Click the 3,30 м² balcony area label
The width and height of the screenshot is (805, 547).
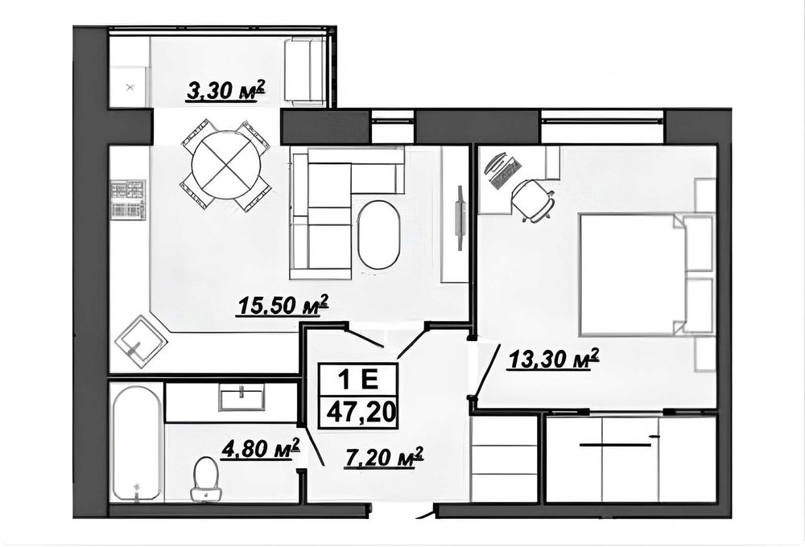[x=225, y=92]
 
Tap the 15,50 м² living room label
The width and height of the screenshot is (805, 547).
[x=282, y=306]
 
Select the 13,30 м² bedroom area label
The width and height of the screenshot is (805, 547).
[x=554, y=360]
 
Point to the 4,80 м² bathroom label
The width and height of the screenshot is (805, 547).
[x=260, y=450]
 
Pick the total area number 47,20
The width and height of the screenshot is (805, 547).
[x=358, y=412]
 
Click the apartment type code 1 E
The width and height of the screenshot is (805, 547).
[x=358, y=380]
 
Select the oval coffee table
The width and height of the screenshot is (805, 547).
[x=378, y=234]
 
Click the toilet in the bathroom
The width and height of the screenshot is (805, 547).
[x=206, y=479]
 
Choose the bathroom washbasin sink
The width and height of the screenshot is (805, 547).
[x=242, y=397]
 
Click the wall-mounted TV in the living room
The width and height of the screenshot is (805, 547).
[x=460, y=217]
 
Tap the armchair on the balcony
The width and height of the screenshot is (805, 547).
[x=305, y=73]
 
